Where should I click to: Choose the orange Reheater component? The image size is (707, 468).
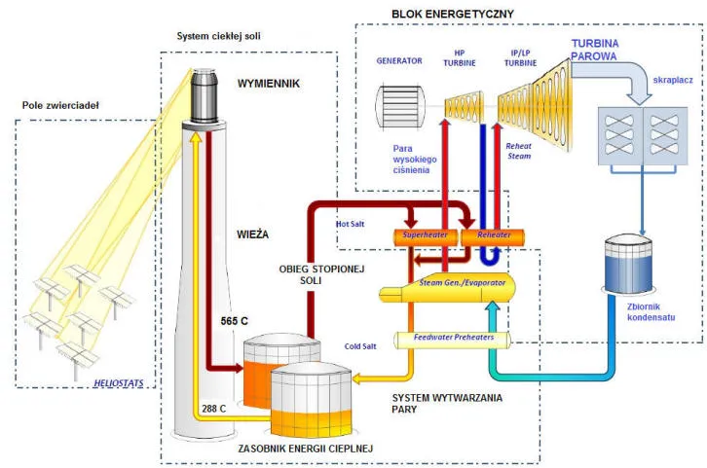click(490, 236)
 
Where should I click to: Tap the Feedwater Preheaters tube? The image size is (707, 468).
click(453, 338)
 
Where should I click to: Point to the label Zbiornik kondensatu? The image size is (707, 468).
click(638, 311)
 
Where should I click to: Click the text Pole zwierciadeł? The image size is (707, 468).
click(62, 105)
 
